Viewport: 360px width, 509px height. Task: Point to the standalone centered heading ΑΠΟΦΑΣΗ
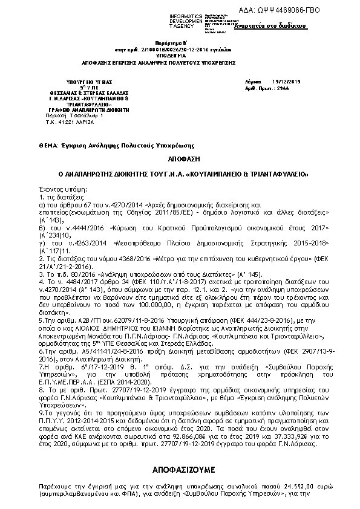[x=180, y=158]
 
